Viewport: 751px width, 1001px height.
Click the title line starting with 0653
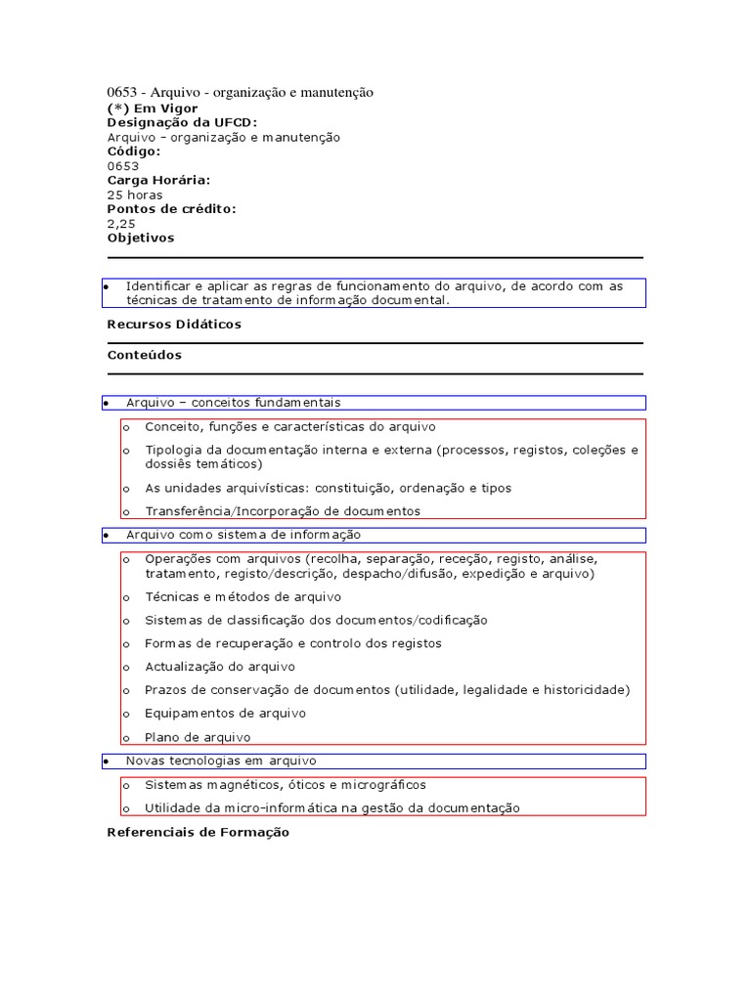240,92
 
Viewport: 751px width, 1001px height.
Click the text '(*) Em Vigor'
152,108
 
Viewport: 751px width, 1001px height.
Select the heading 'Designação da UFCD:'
182,122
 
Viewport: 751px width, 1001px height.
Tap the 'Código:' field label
134,152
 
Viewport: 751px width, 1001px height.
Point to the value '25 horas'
135,195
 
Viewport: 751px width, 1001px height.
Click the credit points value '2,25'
121,223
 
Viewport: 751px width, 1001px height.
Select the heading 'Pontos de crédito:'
171,208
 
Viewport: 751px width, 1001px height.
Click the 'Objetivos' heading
141,238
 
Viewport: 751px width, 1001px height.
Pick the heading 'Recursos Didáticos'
174,324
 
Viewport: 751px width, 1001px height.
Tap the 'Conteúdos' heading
144,355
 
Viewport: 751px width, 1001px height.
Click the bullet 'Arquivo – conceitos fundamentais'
233,403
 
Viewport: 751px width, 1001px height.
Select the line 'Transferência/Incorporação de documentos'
282,511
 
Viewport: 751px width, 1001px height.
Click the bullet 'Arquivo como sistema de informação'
243,535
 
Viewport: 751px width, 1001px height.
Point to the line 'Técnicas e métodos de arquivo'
243,596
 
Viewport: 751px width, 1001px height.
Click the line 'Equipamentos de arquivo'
225,714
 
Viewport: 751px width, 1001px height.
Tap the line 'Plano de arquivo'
198,737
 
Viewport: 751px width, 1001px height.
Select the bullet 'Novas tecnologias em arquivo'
221,761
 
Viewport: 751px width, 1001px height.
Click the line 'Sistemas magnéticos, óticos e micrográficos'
285,785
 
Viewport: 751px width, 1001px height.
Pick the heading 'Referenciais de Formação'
198,832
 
